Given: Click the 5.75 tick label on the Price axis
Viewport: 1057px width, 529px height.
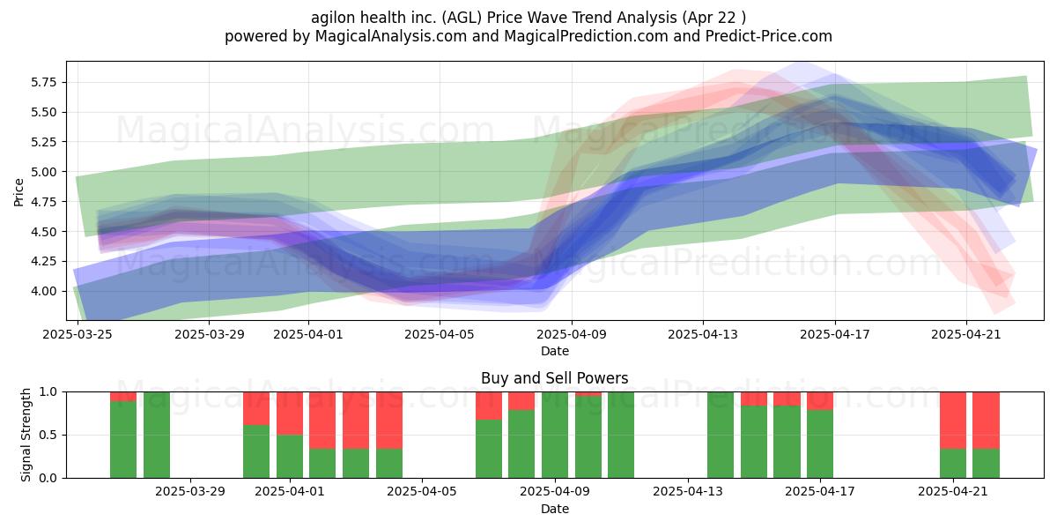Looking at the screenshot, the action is click(43, 83).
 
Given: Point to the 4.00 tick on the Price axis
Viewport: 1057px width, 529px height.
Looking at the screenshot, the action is click(43, 292).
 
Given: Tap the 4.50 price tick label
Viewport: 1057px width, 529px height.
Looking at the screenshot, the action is click(43, 232).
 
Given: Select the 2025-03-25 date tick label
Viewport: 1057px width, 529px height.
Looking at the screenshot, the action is click(78, 334).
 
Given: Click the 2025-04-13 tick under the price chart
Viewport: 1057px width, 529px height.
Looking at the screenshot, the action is click(703, 334).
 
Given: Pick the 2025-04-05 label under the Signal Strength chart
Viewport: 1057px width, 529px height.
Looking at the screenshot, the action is click(422, 492).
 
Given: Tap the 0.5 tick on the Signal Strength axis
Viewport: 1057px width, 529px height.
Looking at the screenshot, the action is click(48, 435).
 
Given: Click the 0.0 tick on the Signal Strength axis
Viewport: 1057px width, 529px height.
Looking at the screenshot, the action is click(48, 478).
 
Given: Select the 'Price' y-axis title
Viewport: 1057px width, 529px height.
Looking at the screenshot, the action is click(18, 192).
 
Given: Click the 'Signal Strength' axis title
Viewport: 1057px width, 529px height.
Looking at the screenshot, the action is click(26, 435).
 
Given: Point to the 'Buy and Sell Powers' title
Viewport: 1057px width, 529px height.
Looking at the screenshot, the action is click(554, 378).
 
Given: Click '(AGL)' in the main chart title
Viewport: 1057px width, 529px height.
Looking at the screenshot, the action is click(456, 18).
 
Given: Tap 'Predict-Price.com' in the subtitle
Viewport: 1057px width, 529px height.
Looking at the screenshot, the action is click(769, 36).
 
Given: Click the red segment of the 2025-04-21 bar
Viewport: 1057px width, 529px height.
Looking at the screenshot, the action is click(953, 421).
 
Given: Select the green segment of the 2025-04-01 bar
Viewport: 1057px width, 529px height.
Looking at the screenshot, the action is click(290, 457).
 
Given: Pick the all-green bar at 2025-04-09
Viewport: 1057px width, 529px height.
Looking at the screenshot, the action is click(555, 435).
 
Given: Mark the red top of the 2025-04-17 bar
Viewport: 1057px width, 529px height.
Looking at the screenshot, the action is click(820, 401).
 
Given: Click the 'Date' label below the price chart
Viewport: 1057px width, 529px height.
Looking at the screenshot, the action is click(554, 352).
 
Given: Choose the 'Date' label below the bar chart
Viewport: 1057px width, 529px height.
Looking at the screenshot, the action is click(554, 510).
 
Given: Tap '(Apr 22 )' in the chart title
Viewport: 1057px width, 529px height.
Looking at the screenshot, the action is click(714, 18).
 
